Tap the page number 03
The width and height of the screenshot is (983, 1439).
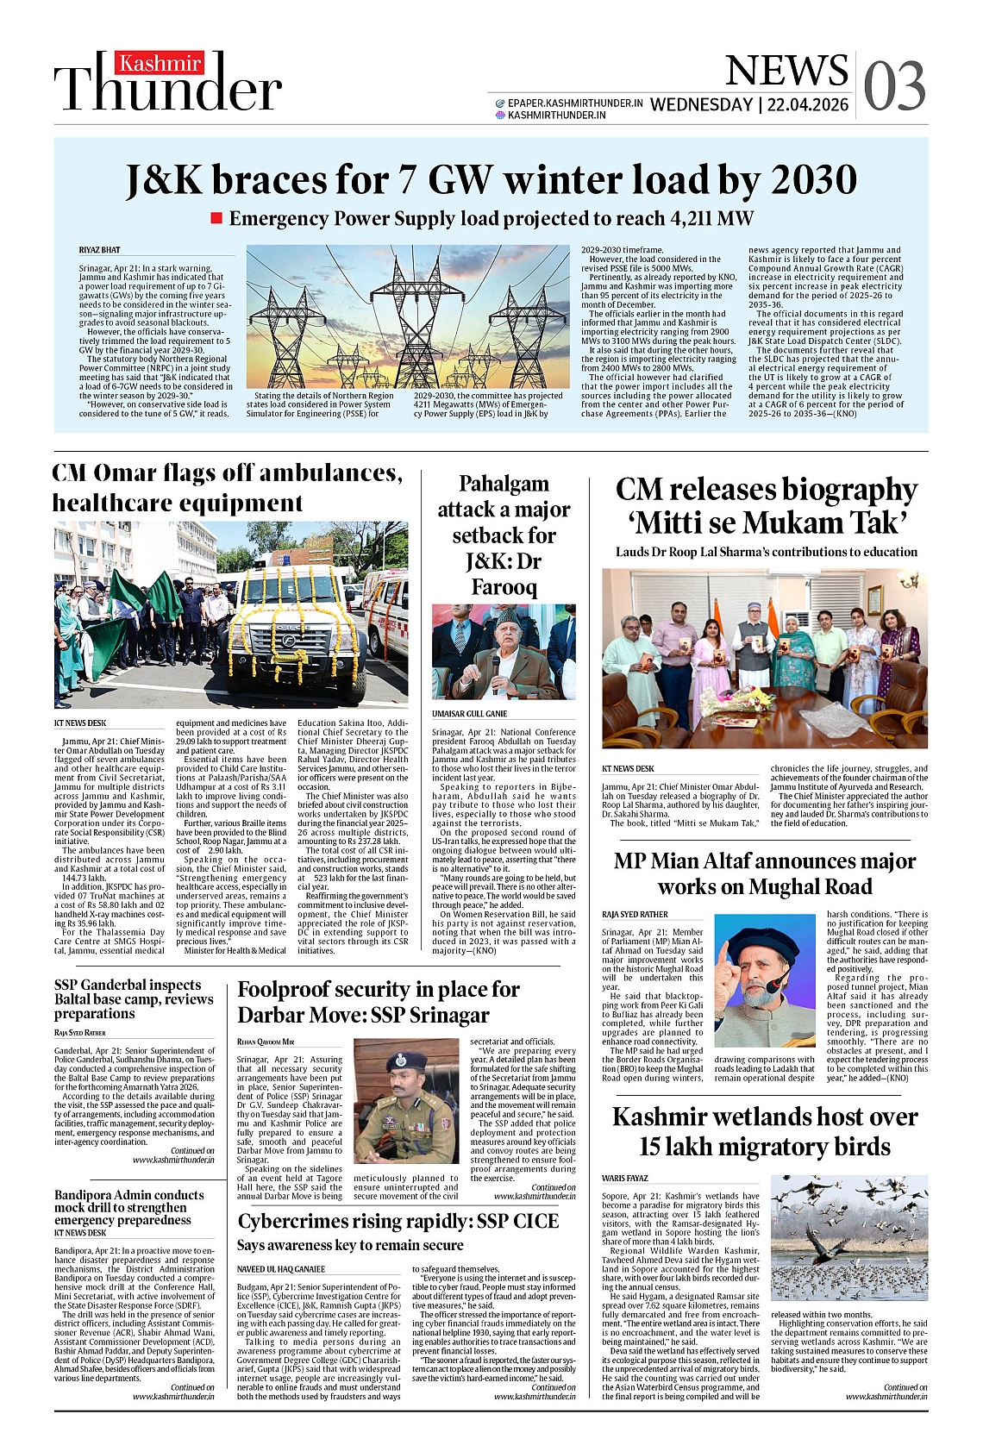click(x=894, y=86)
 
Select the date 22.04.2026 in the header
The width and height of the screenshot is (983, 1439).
click(x=808, y=105)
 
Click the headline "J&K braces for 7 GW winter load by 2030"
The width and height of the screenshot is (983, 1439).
click(x=491, y=180)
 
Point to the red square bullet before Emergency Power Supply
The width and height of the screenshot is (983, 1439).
click(x=217, y=218)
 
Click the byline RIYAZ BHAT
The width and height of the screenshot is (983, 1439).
click(x=100, y=250)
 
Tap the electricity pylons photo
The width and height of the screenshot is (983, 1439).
click(x=408, y=317)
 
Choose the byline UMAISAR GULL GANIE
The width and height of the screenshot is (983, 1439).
click(x=470, y=714)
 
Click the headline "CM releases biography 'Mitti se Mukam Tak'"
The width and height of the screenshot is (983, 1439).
click(x=766, y=505)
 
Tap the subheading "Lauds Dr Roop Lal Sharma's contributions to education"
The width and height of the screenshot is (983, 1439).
click(x=766, y=552)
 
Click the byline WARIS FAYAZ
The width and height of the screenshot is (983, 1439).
click(x=625, y=1178)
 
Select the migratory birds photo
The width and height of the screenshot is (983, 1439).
click(x=848, y=1237)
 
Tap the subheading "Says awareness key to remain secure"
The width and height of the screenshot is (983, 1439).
click(x=350, y=1245)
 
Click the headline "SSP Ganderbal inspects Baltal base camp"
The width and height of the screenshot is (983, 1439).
click(x=134, y=998)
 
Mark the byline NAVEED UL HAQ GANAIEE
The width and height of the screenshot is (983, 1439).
click(x=281, y=1269)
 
